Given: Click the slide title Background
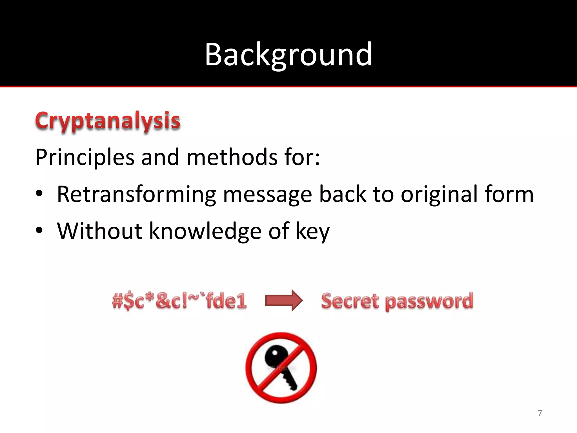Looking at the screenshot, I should (288, 54).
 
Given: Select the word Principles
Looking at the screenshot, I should (85, 157).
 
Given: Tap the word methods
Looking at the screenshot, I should (232, 157).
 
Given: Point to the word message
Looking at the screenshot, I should (267, 195).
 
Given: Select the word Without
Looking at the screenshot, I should (99, 231).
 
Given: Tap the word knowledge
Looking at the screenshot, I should (205, 231).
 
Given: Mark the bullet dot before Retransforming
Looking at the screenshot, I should (39, 194).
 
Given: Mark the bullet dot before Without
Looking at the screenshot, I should (39, 231).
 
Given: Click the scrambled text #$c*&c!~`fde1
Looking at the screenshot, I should (179, 301).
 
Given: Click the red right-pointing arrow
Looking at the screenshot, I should (284, 301).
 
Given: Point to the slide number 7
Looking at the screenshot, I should (540, 413).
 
